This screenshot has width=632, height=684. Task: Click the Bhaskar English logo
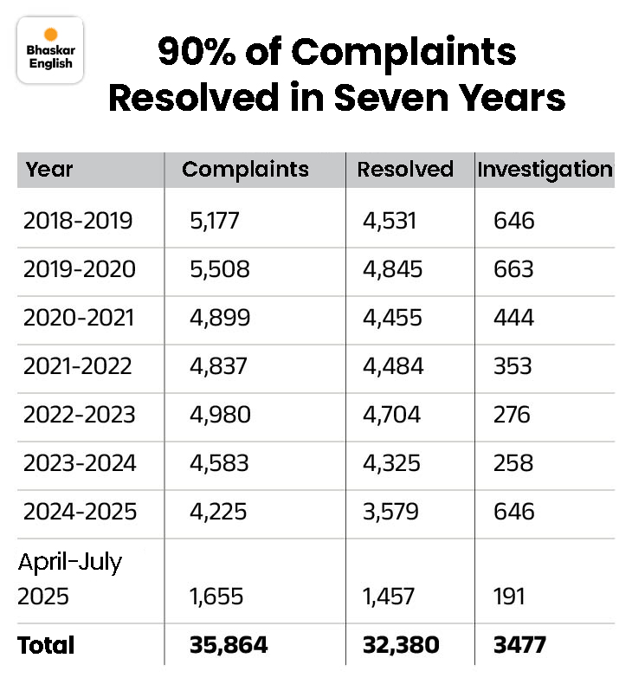click(x=50, y=53)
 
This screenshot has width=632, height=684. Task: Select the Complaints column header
click(x=245, y=170)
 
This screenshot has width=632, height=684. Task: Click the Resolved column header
click(x=405, y=170)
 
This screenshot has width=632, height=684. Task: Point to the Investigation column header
click(x=545, y=170)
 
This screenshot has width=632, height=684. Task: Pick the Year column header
click(x=49, y=170)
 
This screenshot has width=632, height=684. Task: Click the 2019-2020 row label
click(x=80, y=269)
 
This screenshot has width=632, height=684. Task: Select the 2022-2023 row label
click(x=80, y=415)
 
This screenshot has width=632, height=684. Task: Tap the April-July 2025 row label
click(x=71, y=578)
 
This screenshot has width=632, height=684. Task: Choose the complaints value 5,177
click(x=215, y=221)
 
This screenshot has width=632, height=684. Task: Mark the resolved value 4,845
click(x=393, y=269)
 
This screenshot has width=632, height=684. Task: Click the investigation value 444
click(x=513, y=318)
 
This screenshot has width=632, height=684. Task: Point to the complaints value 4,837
click(x=218, y=366)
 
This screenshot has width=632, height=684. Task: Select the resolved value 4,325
click(x=392, y=463)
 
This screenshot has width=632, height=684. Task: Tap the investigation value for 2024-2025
click(x=514, y=512)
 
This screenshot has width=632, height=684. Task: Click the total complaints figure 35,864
click(x=229, y=645)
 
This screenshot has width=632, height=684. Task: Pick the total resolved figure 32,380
click(x=401, y=645)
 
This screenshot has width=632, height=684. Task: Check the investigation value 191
click(x=511, y=597)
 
